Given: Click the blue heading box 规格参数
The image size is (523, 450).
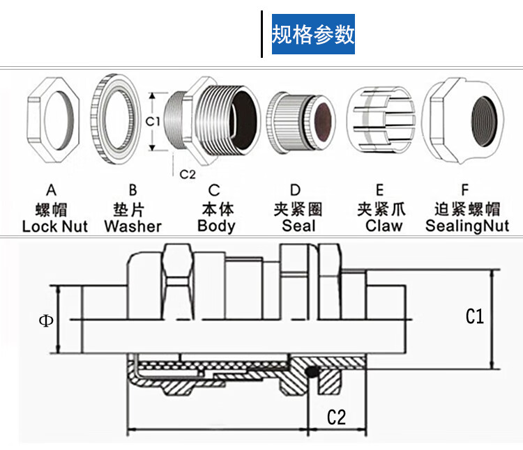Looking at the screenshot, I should (313, 34).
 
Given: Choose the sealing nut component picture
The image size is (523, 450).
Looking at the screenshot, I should (466, 121).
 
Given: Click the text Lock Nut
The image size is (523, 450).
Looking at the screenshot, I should (55, 226).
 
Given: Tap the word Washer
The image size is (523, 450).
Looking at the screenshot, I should (132, 226).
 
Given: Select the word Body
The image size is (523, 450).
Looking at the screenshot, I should (216, 226).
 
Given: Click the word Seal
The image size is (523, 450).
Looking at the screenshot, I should (298, 226).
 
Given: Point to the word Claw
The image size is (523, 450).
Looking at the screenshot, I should (384, 226).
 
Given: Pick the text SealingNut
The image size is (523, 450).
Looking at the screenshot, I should (467, 226).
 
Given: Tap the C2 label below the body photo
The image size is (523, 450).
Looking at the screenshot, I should (188, 173).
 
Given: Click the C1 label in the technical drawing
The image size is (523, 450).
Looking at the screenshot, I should (474, 317).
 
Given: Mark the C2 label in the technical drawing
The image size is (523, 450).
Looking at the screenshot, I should (336, 417).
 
